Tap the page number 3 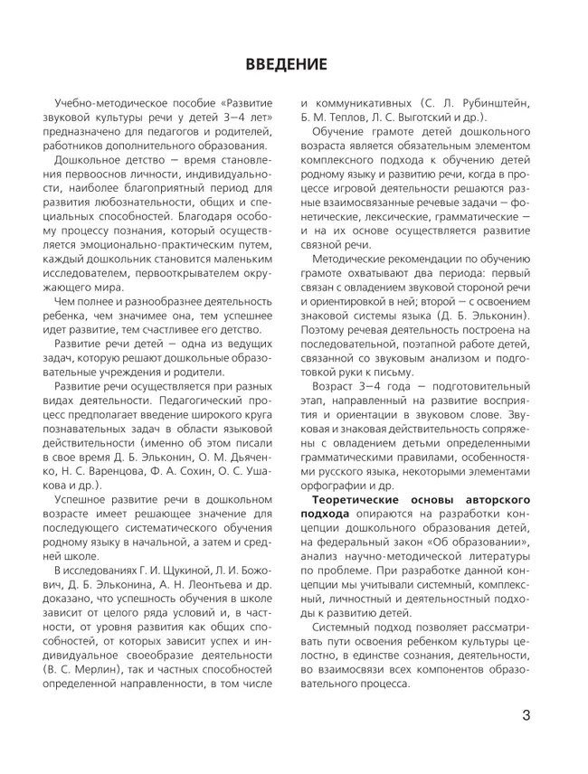pos(526,718)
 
